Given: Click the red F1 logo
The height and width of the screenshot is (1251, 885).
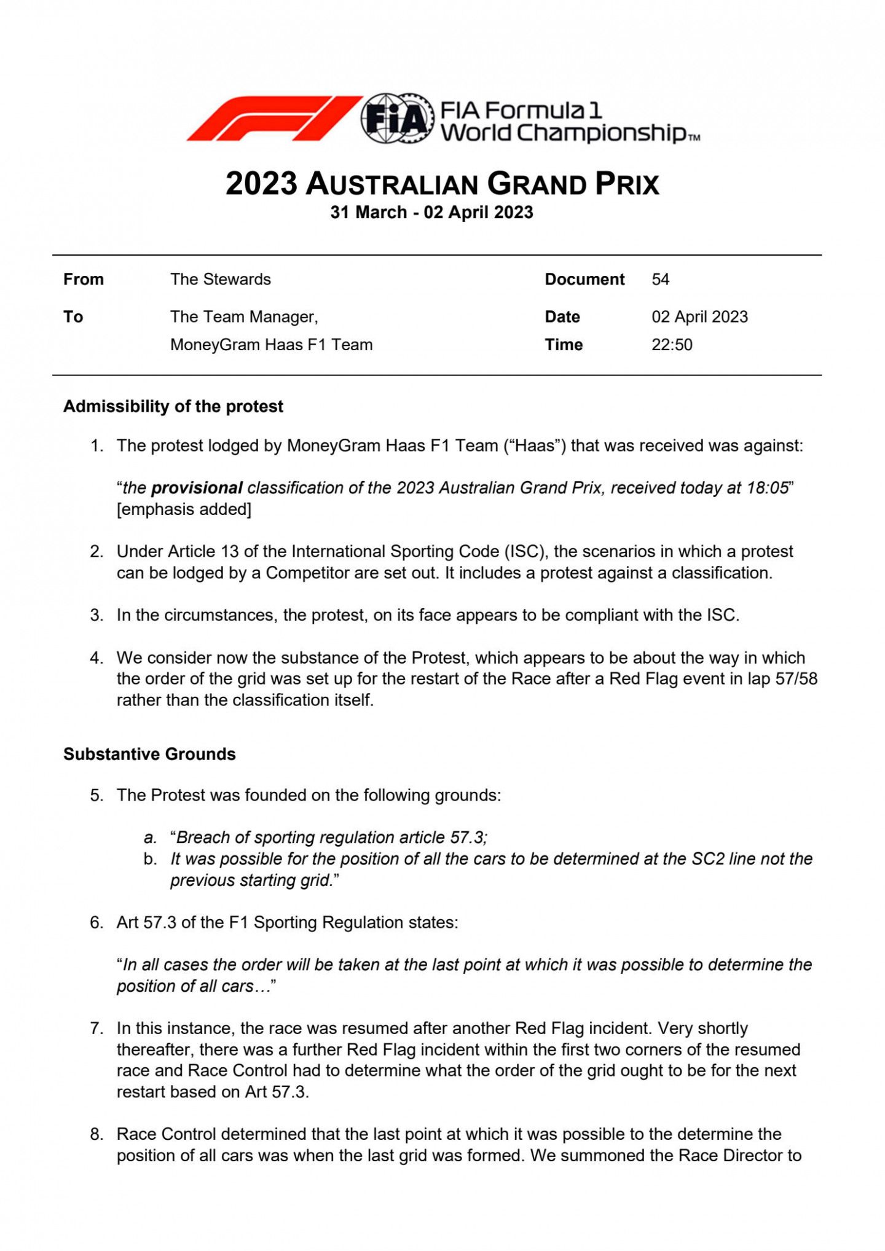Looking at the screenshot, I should click(x=273, y=119).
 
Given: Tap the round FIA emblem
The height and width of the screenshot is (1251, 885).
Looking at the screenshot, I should click(x=397, y=119).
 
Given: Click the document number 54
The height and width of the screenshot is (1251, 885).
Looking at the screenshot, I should click(x=660, y=280).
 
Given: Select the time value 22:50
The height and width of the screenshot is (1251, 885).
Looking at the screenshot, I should click(x=672, y=345).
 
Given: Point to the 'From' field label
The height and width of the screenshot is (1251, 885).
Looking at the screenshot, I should click(x=84, y=280).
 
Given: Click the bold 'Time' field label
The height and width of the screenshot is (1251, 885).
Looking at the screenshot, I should click(x=564, y=345).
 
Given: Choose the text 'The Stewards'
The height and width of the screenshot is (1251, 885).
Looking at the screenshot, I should click(x=221, y=280).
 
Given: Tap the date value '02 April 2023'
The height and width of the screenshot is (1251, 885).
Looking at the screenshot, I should click(x=699, y=317).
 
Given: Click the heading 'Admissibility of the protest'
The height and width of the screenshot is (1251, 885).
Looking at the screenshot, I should click(x=173, y=407).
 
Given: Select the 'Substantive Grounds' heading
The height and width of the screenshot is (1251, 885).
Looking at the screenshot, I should click(x=149, y=754).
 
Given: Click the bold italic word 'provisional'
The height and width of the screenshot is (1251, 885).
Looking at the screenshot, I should click(x=197, y=488).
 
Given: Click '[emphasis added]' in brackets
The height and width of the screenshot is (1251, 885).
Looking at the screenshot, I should click(x=184, y=509).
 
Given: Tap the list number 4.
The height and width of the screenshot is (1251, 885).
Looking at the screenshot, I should click(x=96, y=658).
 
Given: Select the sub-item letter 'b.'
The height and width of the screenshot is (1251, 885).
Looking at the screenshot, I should click(x=151, y=859).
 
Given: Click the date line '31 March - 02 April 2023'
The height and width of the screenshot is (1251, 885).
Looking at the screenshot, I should click(x=431, y=213).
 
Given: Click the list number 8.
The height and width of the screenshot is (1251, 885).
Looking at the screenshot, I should click(x=96, y=1134).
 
